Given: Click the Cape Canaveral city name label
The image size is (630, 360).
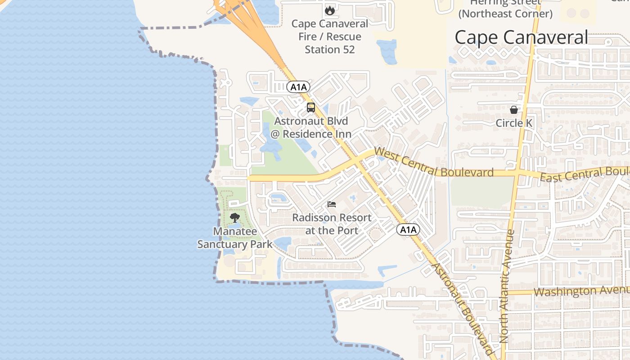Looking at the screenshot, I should (521, 37).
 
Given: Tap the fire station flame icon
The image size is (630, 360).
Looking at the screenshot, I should (330, 10).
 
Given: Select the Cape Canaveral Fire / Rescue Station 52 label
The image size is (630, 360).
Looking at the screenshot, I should (330, 36).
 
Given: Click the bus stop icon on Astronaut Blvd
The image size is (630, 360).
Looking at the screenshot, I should (311, 108).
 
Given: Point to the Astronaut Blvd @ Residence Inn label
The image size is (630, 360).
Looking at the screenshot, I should (311, 127).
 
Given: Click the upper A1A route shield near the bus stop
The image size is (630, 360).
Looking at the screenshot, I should (298, 87).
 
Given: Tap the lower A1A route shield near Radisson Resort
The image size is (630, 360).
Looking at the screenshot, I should (408, 230).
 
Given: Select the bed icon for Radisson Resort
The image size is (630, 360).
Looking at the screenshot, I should (332, 204).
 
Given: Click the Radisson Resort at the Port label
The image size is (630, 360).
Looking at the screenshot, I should (332, 224).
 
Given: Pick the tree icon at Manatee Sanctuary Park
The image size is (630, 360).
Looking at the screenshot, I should (234, 218).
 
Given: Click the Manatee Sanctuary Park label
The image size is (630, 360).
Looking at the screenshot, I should (235, 238).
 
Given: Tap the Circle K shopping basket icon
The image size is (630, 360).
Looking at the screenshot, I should (513, 110).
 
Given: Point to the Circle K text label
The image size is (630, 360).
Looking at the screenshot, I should (513, 123).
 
